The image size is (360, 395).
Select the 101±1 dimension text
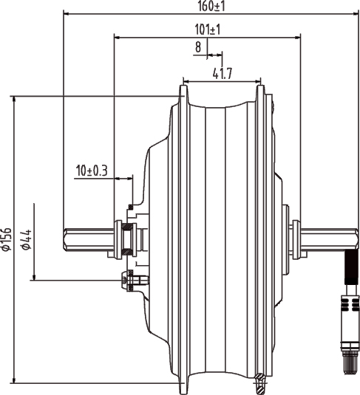(208, 30)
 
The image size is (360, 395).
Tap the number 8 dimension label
(198, 47)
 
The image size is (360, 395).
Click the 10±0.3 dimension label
(92, 171)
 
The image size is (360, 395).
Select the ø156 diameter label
(7, 239)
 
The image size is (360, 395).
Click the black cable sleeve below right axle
(352, 270)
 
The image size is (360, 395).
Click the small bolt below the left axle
(132, 280)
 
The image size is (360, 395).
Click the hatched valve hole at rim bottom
(259, 381)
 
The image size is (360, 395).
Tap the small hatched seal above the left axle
(130, 205)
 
